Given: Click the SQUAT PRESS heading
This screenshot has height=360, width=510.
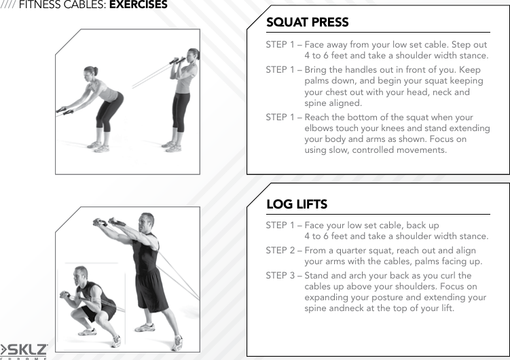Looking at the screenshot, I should click(x=307, y=22).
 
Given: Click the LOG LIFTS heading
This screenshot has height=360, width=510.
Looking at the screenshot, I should click(x=296, y=204).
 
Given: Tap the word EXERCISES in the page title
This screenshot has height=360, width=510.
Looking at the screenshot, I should click(x=138, y=5).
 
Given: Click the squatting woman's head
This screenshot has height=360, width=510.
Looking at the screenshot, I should click(x=90, y=72).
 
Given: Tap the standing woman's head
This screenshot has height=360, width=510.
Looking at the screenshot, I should click(x=192, y=55).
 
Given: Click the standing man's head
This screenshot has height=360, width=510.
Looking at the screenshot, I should click(x=146, y=221).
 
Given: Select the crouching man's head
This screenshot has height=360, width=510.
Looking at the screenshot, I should click(x=82, y=274).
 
